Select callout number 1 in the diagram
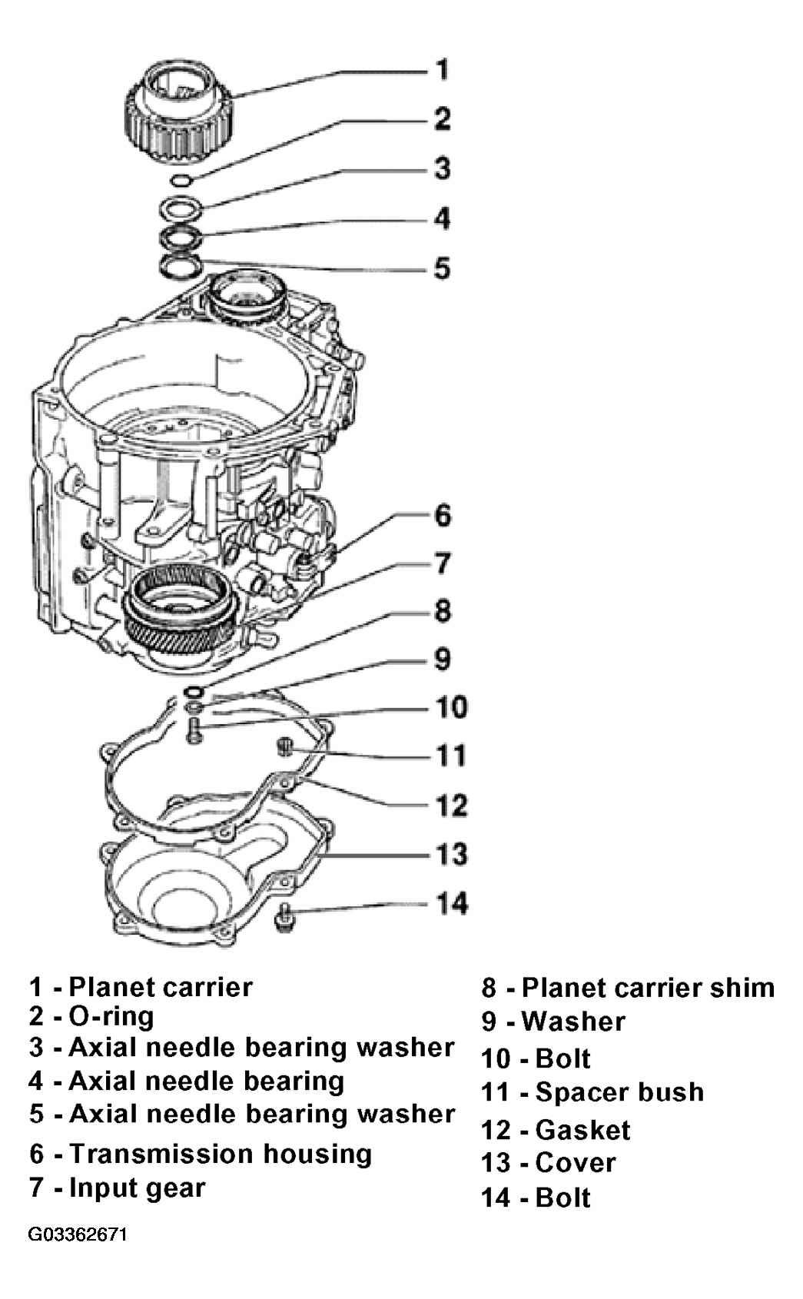[x=443, y=70]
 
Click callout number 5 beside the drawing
[x=443, y=268]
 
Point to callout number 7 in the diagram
[x=443, y=563]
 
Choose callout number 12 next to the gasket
[x=452, y=806]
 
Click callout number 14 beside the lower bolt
[x=452, y=903]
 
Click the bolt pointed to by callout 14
[x=284, y=917]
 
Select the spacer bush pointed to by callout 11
[x=285, y=747]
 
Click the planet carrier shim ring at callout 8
[x=193, y=692]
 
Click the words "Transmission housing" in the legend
[x=221, y=1154]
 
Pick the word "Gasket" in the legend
[x=582, y=1130]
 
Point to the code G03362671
[x=77, y=1234]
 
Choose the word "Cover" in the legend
[x=575, y=1163]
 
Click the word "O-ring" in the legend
[x=111, y=1017]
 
